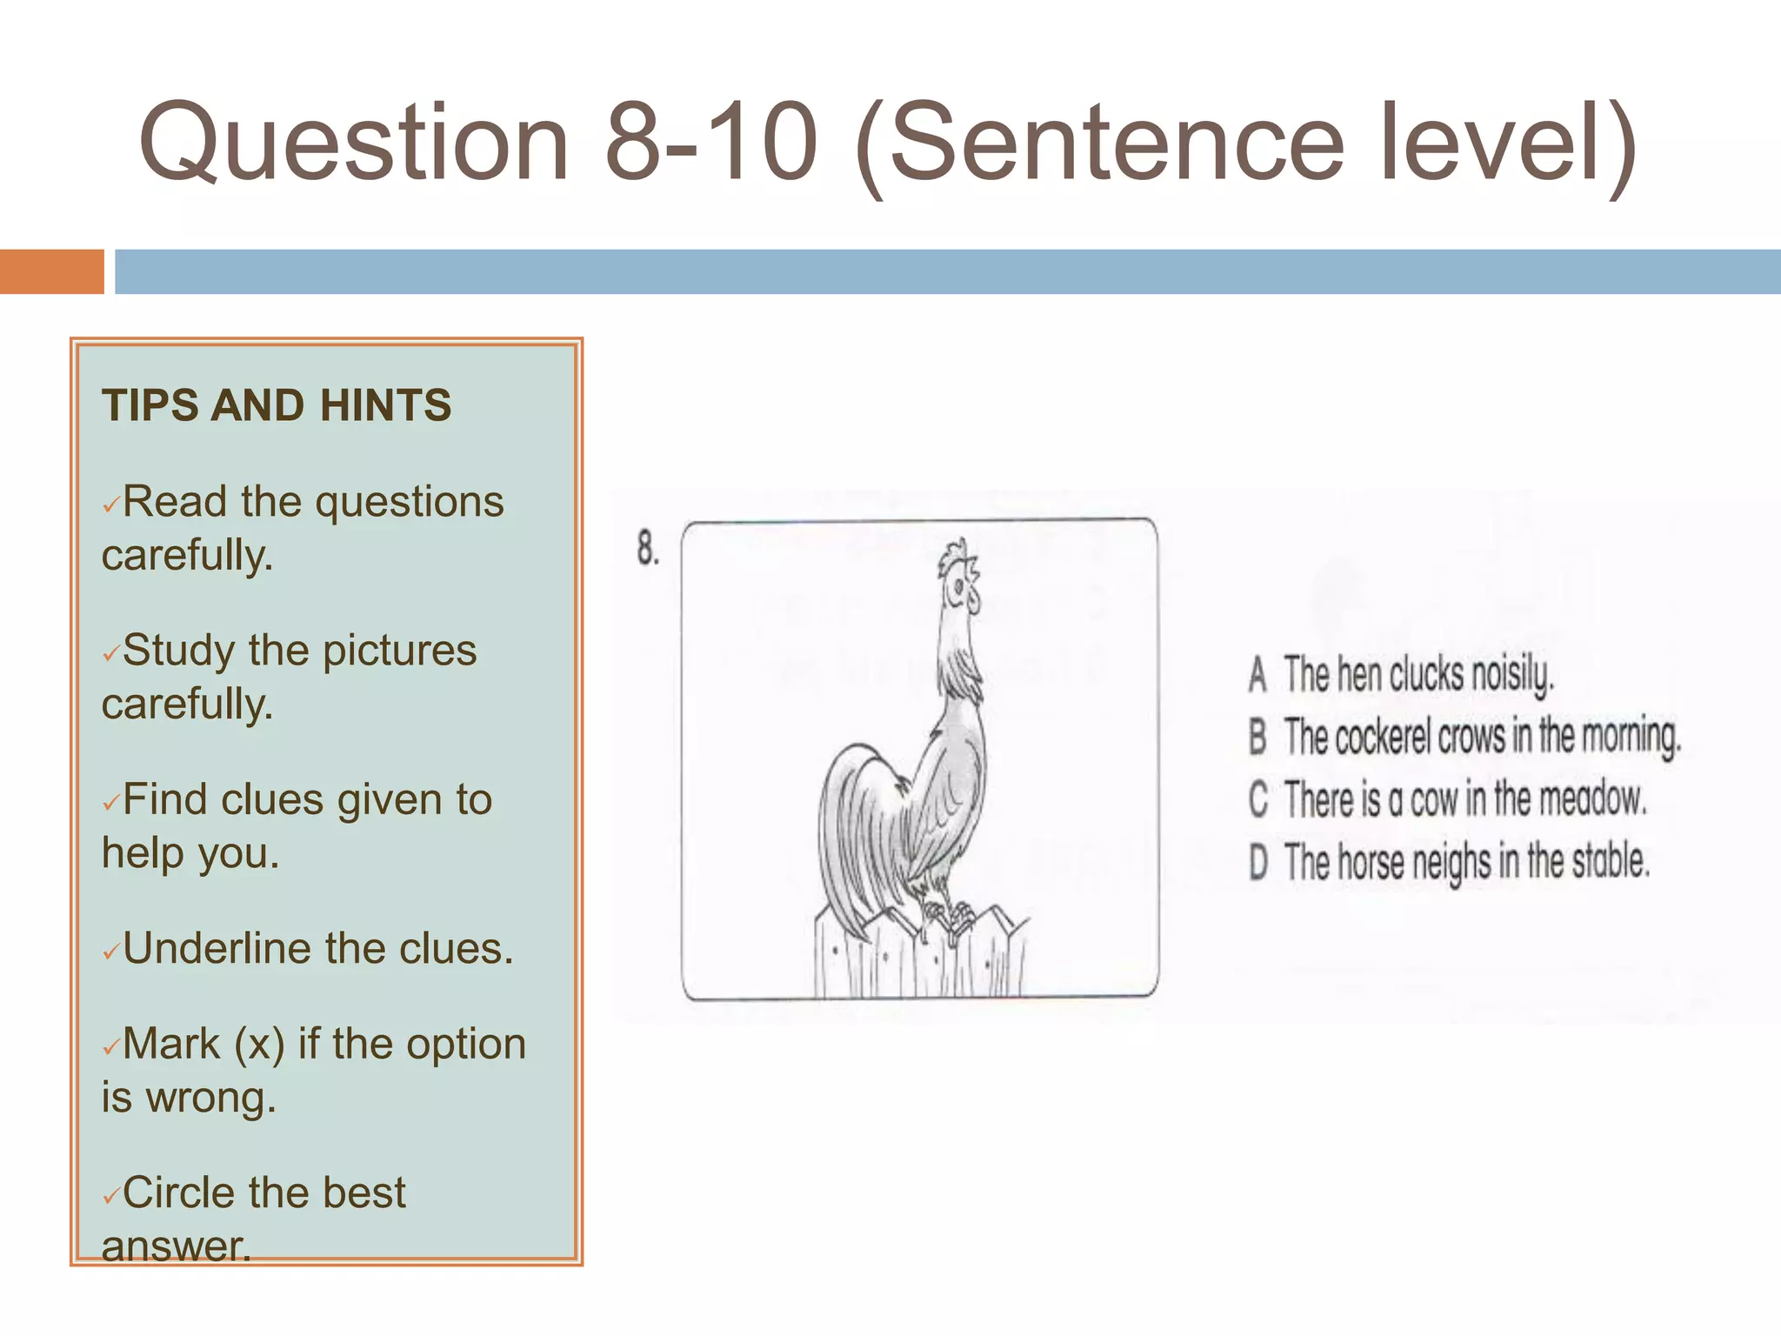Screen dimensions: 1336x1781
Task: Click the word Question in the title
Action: pos(352,144)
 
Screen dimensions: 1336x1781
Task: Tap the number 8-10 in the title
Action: pos(711,144)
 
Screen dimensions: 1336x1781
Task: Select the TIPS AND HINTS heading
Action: pos(277,405)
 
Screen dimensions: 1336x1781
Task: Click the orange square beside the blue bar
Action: pos(51,271)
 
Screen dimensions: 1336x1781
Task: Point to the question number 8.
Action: pos(647,548)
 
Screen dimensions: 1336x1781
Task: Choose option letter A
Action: pos(1257,675)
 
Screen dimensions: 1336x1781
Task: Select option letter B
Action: pos(1257,737)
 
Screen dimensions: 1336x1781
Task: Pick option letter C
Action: pos(1257,799)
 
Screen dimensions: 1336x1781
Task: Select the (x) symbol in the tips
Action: pos(259,1045)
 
